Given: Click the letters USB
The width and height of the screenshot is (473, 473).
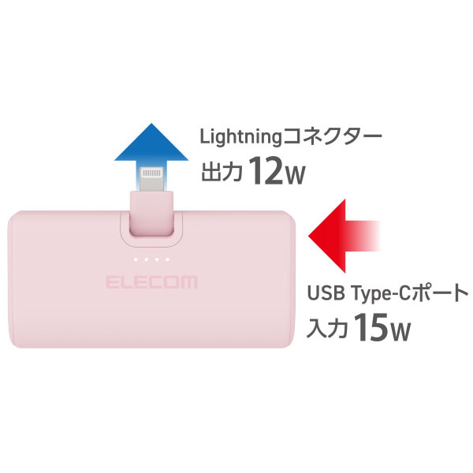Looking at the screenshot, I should [x=324, y=295].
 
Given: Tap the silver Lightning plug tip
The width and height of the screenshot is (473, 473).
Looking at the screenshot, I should [x=153, y=177].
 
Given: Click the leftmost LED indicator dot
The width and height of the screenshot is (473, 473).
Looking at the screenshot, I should [x=136, y=259].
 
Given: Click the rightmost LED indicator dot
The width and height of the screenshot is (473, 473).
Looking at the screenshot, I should [x=168, y=259].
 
